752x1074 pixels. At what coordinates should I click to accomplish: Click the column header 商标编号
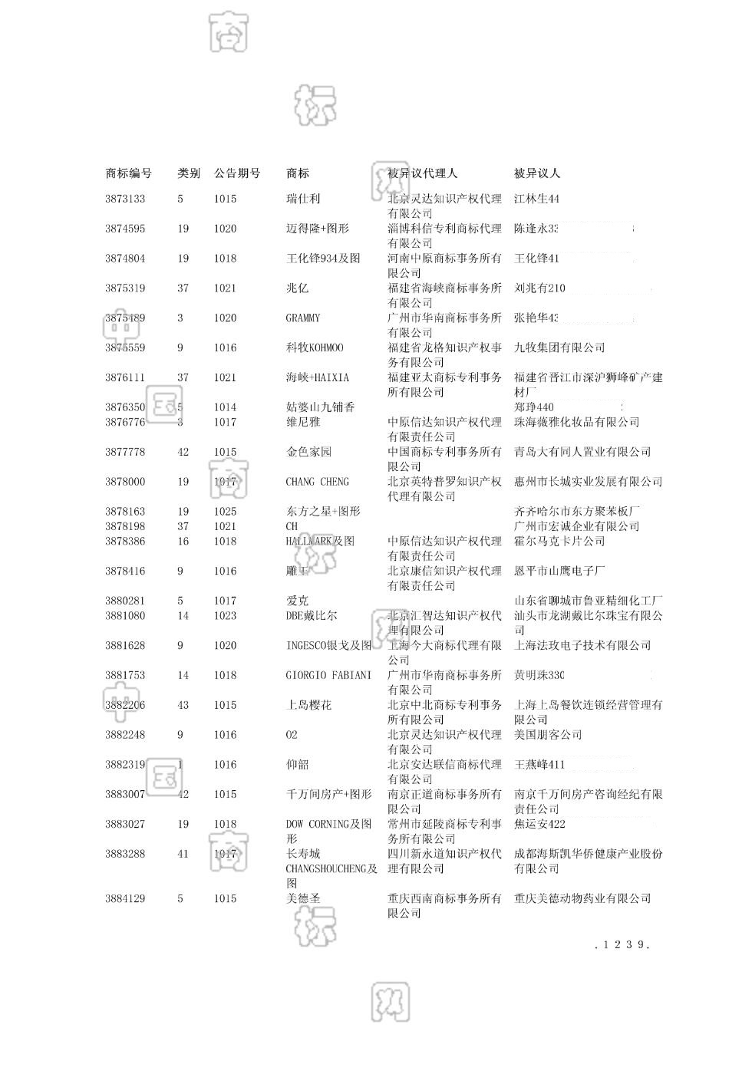[x=128, y=173]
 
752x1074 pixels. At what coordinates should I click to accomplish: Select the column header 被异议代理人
[x=422, y=173]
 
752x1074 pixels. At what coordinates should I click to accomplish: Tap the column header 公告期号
[x=237, y=173]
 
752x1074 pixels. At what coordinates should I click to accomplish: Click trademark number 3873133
[x=125, y=199]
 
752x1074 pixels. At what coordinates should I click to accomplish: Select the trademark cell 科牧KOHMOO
[x=315, y=348]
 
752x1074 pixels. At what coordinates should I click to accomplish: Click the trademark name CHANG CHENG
[x=317, y=482]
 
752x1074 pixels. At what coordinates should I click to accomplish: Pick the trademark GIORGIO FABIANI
[x=328, y=675]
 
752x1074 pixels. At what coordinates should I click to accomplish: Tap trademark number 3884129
[x=125, y=898]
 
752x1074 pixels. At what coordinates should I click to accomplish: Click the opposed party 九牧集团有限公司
[x=559, y=348]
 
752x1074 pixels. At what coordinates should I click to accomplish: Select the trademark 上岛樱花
[x=308, y=705]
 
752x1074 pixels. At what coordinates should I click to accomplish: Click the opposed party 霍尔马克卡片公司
[x=559, y=541]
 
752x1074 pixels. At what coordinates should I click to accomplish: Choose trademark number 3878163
[x=125, y=512]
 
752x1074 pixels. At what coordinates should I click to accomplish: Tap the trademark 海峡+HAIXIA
[x=318, y=377]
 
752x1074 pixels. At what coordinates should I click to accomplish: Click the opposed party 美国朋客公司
[x=548, y=735]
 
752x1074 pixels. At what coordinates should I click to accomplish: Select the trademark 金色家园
[x=308, y=452]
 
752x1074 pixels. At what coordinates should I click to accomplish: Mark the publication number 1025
[x=226, y=512]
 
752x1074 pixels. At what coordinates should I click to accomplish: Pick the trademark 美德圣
[x=303, y=898]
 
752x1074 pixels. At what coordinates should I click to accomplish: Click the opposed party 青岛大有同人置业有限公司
[x=582, y=452]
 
